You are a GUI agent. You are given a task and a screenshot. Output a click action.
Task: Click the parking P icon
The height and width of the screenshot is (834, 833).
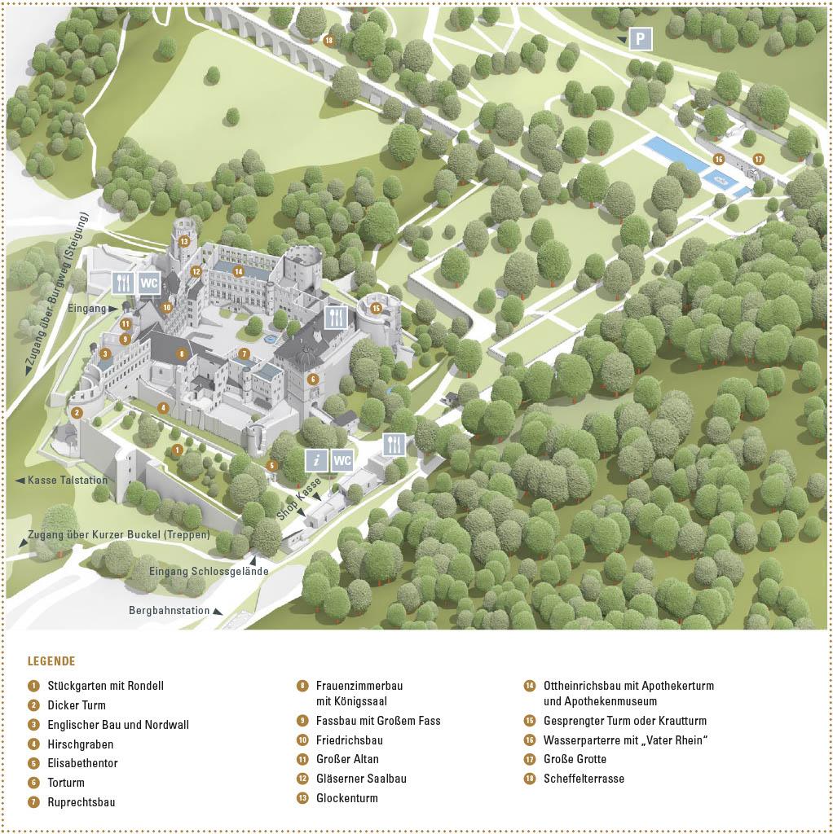coord(640,38)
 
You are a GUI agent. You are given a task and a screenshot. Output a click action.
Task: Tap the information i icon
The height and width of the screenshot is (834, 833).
coord(317,459)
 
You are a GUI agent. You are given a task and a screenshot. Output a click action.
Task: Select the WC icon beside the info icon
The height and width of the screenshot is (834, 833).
coord(342,459)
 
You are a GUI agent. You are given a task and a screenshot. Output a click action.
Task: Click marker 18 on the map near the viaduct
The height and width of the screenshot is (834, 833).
coord(328,40)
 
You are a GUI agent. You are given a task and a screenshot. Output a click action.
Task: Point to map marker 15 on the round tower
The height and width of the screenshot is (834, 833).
coord(376,308)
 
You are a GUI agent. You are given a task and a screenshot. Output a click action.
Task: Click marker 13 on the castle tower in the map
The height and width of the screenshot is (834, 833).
coord(184,241)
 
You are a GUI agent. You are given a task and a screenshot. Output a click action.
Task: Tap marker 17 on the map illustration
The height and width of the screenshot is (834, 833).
coord(758,159)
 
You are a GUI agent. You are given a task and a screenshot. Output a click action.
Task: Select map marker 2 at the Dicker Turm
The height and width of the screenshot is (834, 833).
coord(77,413)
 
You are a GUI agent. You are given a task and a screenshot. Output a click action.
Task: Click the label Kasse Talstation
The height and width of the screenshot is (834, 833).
coord(67,481)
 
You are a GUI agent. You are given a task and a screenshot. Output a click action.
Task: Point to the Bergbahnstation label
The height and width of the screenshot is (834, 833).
coord(170,610)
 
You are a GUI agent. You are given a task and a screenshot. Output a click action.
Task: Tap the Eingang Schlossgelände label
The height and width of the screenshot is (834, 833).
coord(209,572)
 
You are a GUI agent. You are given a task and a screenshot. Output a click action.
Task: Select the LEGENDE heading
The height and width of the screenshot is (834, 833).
coord(51,661)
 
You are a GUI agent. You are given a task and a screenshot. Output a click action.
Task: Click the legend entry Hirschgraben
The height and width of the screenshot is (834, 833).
coord(81,744)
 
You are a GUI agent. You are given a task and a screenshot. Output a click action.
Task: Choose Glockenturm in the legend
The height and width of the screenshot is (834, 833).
coord(347,798)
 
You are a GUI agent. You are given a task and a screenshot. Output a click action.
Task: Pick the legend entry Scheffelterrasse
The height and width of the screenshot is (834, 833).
coord(584,779)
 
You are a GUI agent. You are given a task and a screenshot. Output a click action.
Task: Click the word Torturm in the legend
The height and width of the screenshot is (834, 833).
coord(66,783)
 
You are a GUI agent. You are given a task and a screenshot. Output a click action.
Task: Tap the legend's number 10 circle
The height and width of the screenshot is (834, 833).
coord(302,740)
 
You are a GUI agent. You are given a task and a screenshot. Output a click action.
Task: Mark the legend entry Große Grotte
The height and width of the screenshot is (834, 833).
coord(575,759)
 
